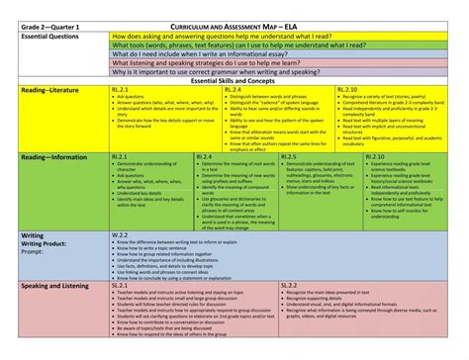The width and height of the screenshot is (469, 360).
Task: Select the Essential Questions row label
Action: coord(52,35)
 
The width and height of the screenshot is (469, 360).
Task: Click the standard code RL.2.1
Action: coord(120,90)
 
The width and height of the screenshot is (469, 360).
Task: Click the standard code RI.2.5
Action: coord(290,156)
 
